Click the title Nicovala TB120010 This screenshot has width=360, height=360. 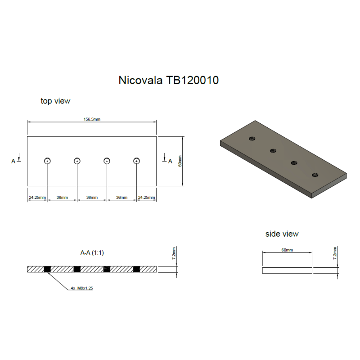click(x=168, y=81)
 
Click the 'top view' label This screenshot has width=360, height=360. click(x=55, y=101)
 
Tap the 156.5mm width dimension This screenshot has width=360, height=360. click(x=92, y=119)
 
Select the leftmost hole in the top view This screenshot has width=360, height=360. click(x=47, y=161)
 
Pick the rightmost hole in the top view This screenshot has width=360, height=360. click(x=136, y=161)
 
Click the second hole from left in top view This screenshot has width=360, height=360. click(x=77, y=161)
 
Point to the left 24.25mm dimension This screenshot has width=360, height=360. click(x=37, y=198)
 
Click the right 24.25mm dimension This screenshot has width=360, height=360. click(x=146, y=198)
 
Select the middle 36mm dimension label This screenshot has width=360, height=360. click(x=92, y=198)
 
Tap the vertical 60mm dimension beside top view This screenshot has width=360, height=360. click(x=180, y=161)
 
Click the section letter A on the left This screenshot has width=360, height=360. click(x=14, y=160)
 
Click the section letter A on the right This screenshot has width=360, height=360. click(x=170, y=161)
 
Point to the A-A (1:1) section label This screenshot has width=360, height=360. click(x=92, y=253)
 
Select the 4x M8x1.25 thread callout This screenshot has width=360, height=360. click(x=81, y=288)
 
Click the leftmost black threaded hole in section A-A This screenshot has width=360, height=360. click(x=47, y=269)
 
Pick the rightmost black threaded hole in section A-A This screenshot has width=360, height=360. click(x=136, y=269)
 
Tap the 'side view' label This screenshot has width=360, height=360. click(x=282, y=234)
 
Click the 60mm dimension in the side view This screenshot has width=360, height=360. click(x=287, y=250)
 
